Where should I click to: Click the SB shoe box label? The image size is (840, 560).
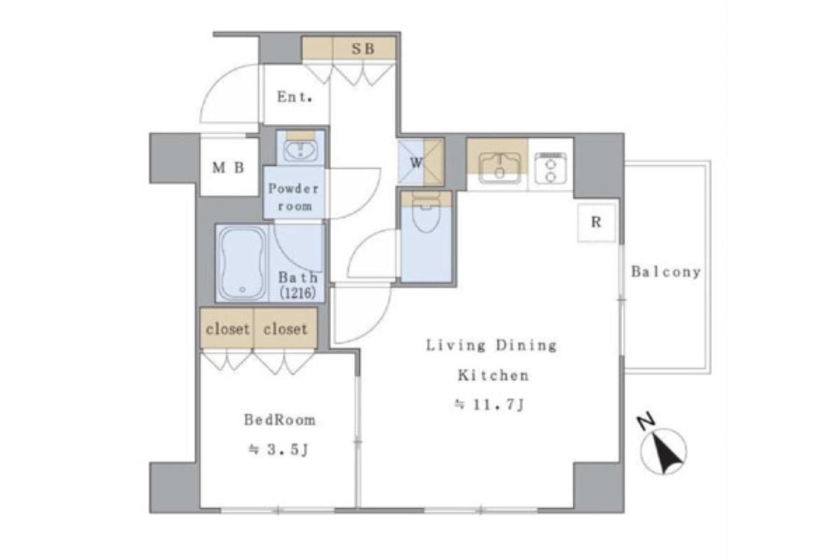(x=363, y=49)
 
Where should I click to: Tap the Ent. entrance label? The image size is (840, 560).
(x=295, y=97)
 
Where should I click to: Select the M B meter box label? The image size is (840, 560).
(x=228, y=168)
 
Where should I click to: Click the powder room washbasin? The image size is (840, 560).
(x=300, y=150)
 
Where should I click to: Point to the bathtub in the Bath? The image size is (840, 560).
(x=242, y=263)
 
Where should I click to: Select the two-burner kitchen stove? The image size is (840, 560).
(x=550, y=168)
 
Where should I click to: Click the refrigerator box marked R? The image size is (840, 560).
(x=596, y=223)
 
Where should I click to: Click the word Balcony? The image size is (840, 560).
(x=666, y=272)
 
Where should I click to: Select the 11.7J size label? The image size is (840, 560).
(x=489, y=405)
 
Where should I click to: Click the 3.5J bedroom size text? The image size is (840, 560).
(x=279, y=449)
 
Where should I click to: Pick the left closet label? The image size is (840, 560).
(x=227, y=329)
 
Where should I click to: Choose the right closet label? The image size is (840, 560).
(x=286, y=329)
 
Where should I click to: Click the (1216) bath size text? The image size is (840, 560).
(x=297, y=292)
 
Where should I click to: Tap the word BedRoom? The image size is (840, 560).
(x=280, y=420)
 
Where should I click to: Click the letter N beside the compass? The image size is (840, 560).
(x=646, y=422)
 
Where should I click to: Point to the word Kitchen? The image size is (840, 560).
(x=493, y=375)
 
